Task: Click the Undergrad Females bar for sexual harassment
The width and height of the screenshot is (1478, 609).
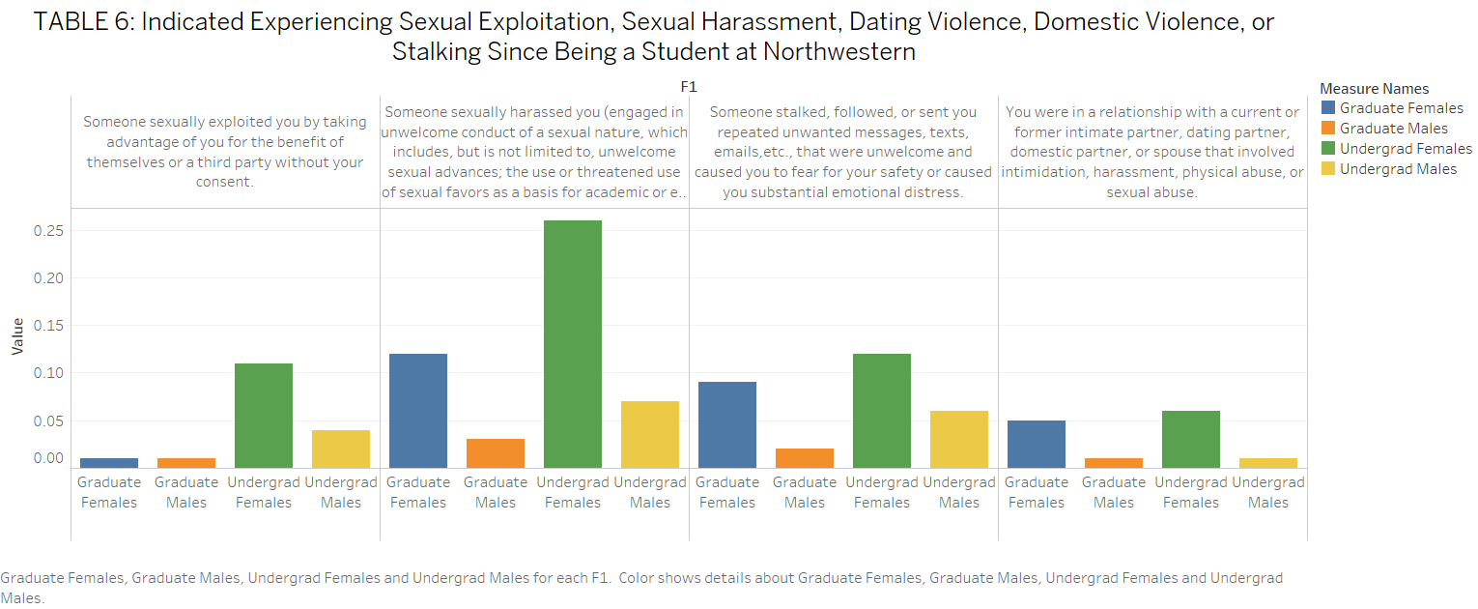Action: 572,344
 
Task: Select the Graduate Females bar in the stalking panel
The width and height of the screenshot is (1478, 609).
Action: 726,424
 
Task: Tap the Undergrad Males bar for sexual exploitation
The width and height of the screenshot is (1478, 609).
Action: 340,449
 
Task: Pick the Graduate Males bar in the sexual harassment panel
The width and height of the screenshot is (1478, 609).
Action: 495,453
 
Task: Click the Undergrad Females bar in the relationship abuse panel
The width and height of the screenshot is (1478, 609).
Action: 1190,439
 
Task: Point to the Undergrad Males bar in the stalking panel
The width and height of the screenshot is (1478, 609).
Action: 958,439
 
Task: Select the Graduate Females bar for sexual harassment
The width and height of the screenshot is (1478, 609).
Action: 417,411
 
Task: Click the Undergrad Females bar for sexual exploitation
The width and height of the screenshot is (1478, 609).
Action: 263,416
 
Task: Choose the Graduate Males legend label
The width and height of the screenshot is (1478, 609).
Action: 1393,129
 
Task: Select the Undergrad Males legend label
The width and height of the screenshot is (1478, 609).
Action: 1398,169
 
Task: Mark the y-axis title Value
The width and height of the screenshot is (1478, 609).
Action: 17,337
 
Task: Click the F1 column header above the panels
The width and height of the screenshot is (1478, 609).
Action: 688,87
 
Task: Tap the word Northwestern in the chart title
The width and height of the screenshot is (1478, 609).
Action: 838,51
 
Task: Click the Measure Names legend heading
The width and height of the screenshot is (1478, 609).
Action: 1374,89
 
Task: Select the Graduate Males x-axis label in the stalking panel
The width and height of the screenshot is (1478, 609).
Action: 804,492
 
